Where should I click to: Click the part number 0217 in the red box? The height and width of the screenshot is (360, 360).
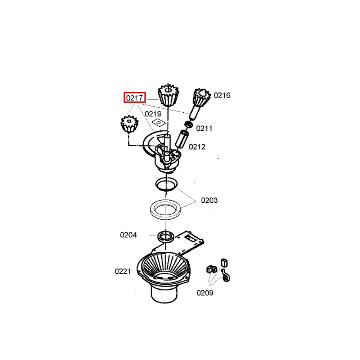[135, 98]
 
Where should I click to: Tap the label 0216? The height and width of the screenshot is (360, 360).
[222, 95]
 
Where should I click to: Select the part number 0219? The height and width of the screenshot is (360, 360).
[153, 114]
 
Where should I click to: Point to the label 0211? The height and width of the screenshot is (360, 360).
[204, 129]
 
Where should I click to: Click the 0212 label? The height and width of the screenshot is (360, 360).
[197, 147]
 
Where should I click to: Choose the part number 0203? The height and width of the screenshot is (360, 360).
[209, 200]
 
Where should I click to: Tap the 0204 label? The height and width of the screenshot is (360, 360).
[129, 235]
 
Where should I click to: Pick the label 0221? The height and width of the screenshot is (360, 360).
[123, 271]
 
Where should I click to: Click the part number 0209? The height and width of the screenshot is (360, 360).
[205, 293]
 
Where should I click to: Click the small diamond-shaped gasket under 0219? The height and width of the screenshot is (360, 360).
[159, 123]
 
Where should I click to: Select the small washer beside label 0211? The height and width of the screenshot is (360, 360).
[189, 125]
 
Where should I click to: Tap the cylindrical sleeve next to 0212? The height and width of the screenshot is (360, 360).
[181, 139]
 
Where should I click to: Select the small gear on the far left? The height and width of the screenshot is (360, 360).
[130, 124]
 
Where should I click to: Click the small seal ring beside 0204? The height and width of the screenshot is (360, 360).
[165, 237]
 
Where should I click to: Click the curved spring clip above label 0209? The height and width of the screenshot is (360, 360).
[226, 275]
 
